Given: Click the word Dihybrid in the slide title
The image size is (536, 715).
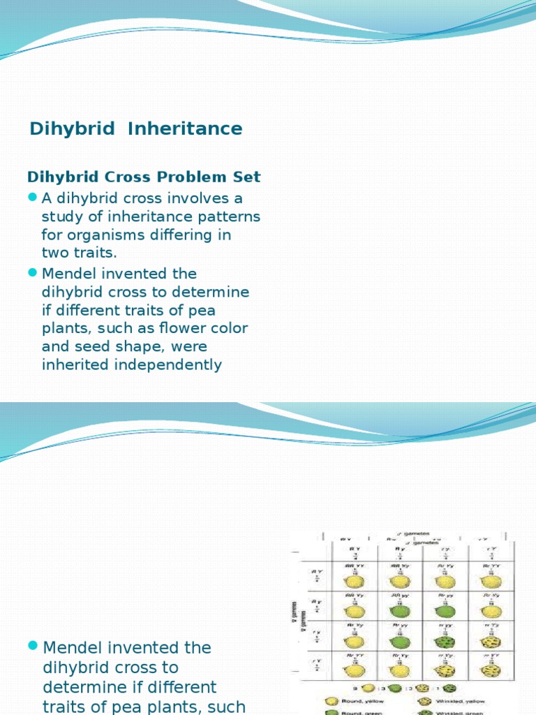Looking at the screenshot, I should point(73,129).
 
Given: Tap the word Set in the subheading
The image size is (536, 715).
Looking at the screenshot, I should point(247,177).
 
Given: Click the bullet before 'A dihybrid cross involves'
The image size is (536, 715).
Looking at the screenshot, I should point(32,198).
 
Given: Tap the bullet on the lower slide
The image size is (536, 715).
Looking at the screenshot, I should point(33,647).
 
